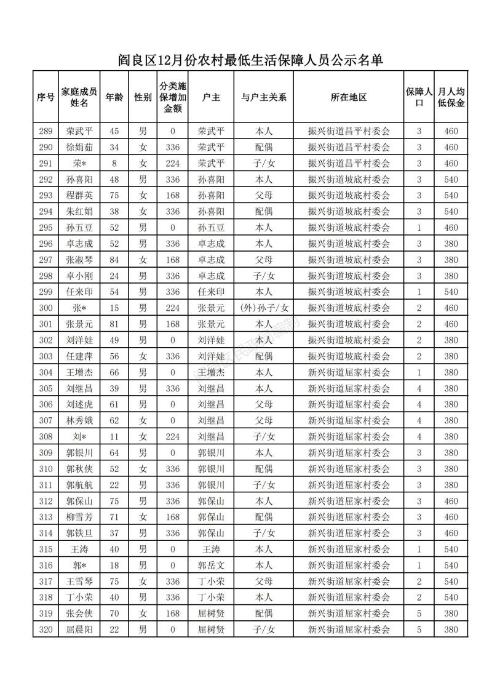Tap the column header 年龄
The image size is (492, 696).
tap(114, 97)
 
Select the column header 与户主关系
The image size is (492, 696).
tap(264, 97)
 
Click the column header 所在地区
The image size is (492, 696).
tap(349, 97)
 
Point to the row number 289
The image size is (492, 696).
tap(46, 131)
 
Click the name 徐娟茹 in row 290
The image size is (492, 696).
tap(79, 147)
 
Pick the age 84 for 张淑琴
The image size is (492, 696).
tap(114, 260)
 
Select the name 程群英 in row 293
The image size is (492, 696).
tap(79, 195)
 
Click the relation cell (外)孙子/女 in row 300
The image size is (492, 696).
tap(264, 308)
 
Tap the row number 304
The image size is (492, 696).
tap(46, 372)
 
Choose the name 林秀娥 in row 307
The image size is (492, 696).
tap(79, 420)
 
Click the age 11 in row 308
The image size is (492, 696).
tap(114, 436)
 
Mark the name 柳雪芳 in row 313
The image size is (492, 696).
tap(79, 517)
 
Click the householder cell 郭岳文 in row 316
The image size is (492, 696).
tap(211, 565)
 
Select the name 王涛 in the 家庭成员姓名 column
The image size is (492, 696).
tap(79, 549)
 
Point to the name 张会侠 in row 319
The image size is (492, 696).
tap(79, 613)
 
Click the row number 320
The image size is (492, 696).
tap(46, 629)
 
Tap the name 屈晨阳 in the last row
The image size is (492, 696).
tap(79, 629)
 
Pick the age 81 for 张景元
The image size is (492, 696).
tap(114, 324)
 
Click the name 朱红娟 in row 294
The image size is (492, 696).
tap(79, 211)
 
